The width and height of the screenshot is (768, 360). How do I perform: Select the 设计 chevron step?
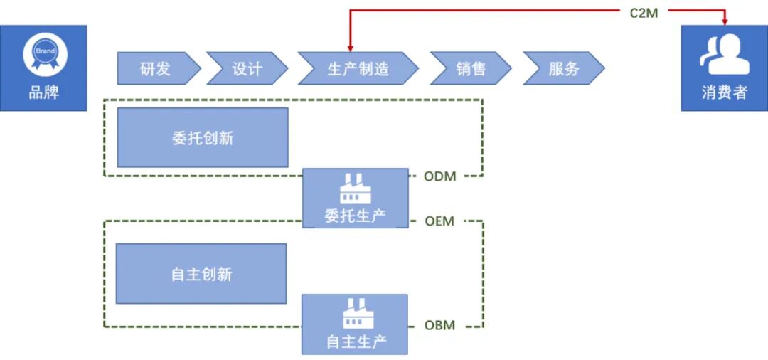[247, 69]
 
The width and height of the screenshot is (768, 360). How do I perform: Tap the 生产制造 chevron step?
[358, 69]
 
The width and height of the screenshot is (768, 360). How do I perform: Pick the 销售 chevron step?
[471, 69]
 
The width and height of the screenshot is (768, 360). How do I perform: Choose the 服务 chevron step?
[563, 69]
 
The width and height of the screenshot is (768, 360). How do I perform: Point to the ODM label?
[439, 176]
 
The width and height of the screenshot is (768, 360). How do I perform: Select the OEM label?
[439, 221]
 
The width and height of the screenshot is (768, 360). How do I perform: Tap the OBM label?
[439, 326]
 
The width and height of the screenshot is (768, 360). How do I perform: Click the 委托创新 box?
[203, 138]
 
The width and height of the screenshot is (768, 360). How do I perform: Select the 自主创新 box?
[201, 274]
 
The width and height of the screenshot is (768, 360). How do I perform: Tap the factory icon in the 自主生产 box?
[356, 314]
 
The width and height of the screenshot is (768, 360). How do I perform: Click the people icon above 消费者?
[724, 55]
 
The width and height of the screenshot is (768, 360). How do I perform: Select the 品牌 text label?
[44, 92]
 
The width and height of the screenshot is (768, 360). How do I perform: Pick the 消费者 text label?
[724, 92]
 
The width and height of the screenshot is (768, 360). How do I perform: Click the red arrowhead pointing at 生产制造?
[351, 47]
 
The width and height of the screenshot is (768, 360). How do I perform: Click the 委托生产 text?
[356, 216]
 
